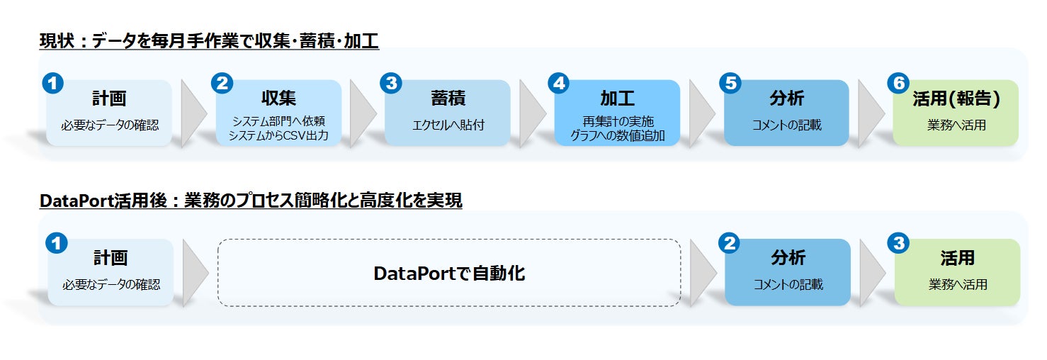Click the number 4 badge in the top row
(559, 83)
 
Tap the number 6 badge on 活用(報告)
(898, 83)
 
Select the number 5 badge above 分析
(730, 83)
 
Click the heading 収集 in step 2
(278, 99)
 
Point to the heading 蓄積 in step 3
(448, 99)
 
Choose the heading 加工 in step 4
(618, 99)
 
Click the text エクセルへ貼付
(448, 125)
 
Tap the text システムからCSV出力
(278, 135)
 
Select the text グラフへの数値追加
(618, 135)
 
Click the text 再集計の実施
(618, 122)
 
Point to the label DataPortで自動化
(449, 274)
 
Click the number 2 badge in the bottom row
(729, 243)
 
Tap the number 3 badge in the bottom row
(898, 243)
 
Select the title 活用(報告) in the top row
(956, 99)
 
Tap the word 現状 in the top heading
(57, 41)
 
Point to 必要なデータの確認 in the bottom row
(111, 284)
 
